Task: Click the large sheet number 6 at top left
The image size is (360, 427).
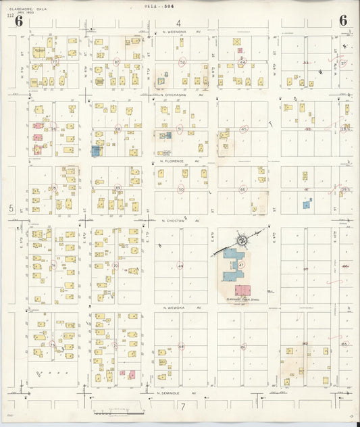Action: (x=9, y=21)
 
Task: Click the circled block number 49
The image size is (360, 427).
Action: (x=181, y=266)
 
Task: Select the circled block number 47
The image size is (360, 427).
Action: (x=241, y=266)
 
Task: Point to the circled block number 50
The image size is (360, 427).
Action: (x=181, y=190)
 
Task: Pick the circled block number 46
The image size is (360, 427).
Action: (x=243, y=190)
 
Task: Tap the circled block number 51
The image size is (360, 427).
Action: (x=180, y=128)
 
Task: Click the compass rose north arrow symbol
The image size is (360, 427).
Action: (x=242, y=239)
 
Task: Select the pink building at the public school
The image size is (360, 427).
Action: (x=242, y=290)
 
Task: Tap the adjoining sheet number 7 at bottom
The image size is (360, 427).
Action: (x=182, y=406)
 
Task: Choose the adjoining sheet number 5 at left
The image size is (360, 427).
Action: (x=11, y=209)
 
